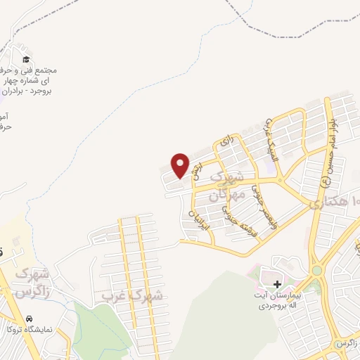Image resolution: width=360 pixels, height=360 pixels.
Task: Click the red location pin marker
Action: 181,165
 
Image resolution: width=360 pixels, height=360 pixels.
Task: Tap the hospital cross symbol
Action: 277,285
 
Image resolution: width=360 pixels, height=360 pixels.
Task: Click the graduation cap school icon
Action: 26,60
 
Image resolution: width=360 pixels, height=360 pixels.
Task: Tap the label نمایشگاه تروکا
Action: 28,329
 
